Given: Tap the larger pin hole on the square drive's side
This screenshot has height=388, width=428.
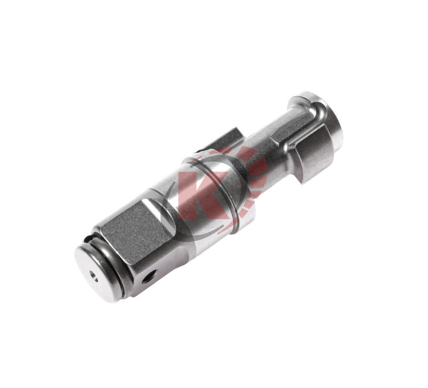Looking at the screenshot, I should click(149, 276).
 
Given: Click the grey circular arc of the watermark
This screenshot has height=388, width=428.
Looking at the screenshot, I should click(170, 214).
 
